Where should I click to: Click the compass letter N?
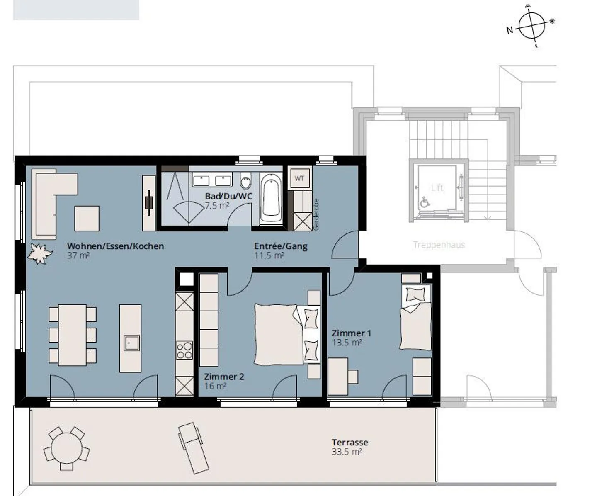[x=510, y=30]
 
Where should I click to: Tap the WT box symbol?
[x=299, y=178]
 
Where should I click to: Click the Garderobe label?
[x=316, y=214]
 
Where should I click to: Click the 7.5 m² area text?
[x=217, y=206]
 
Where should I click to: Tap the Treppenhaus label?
[x=439, y=245]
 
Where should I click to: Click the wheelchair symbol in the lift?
[x=425, y=203]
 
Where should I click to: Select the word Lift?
[x=437, y=187]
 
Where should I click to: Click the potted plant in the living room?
[x=40, y=253]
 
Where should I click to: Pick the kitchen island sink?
[x=131, y=343]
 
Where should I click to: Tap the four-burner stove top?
[x=184, y=350]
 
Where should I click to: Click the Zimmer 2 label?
[x=224, y=377]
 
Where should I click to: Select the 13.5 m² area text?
[x=347, y=343]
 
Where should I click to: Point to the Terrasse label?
[x=350, y=442]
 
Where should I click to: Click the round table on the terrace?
[x=66, y=449]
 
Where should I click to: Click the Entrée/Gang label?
[x=281, y=246]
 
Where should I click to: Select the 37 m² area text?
[x=78, y=255]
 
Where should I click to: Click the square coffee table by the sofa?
[x=87, y=219]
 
